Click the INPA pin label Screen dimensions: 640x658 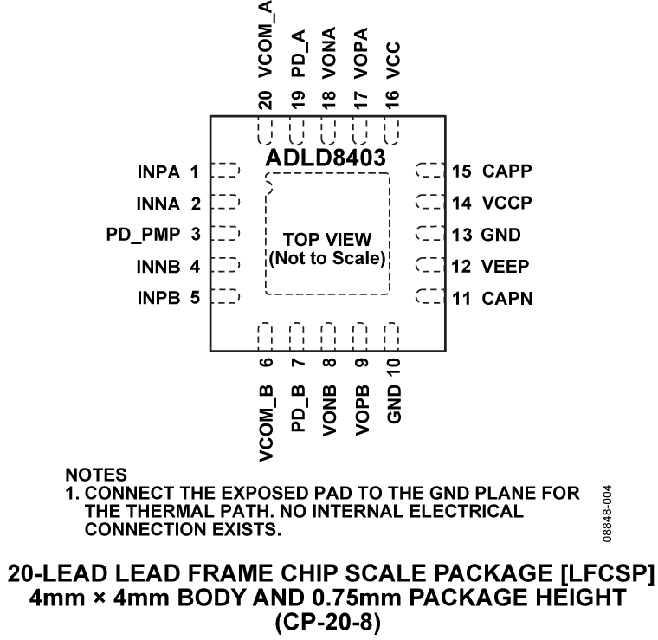157,171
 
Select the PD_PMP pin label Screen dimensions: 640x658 136,235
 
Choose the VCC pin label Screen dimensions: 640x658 392,60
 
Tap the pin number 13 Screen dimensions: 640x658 461,235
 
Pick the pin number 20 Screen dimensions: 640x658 266,99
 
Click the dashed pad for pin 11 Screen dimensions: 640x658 429,298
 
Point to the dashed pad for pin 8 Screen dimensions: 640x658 328,336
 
